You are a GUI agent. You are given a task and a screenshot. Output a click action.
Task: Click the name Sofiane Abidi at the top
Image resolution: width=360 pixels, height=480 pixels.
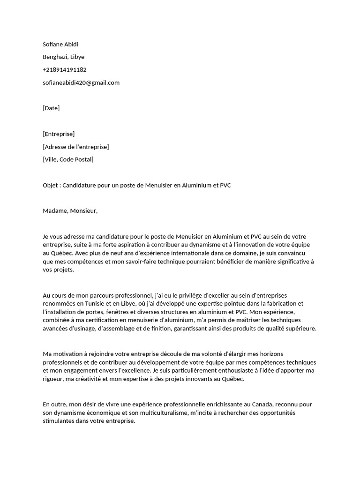click(60, 44)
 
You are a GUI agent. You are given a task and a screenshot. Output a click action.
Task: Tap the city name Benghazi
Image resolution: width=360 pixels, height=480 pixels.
click(55, 57)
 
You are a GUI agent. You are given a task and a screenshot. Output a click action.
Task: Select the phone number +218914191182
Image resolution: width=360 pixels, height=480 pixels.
click(65, 70)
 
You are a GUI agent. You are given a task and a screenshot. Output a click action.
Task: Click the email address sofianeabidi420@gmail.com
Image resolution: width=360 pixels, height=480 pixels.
click(81, 82)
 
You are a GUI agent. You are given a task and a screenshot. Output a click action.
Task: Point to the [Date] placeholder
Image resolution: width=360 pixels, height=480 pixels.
click(51, 108)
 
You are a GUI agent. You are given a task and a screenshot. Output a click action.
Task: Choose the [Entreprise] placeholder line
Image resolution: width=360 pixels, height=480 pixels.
click(59, 134)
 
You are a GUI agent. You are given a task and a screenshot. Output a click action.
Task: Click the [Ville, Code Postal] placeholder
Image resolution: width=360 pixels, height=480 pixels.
click(68, 159)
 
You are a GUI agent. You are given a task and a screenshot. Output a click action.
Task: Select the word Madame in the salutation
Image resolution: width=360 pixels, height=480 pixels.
click(55, 211)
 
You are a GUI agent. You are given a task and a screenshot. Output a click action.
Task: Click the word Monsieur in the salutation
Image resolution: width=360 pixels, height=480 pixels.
click(84, 211)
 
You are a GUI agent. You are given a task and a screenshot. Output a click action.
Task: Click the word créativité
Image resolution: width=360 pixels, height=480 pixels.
click(84, 379)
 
